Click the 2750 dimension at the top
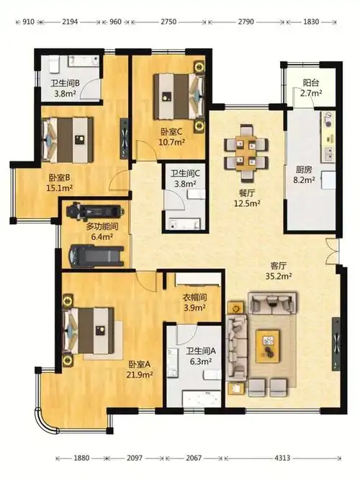click(x=168, y=22)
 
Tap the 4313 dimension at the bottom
click(x=282, y=458)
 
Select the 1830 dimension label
click(x=310, y=22)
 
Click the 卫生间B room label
click(x=65, y=83)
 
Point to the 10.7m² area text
click(x=171, y=142)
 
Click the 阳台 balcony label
click(x=311, y=83)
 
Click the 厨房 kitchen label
click(x=303, y=169)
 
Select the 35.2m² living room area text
click(x=279, y=276)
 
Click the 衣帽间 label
click(x=194, y=297)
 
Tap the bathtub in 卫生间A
click(x=202, y=399)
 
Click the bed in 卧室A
click(x=88, y=331)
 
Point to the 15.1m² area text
click(x=59, y=187)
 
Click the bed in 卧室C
click(x=179, y=96)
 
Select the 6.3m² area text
click(x=201, y=361)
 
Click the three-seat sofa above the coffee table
click(x=272, y=303)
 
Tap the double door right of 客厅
click(x=332, y=252)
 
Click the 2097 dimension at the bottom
click(x=135, y=458)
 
